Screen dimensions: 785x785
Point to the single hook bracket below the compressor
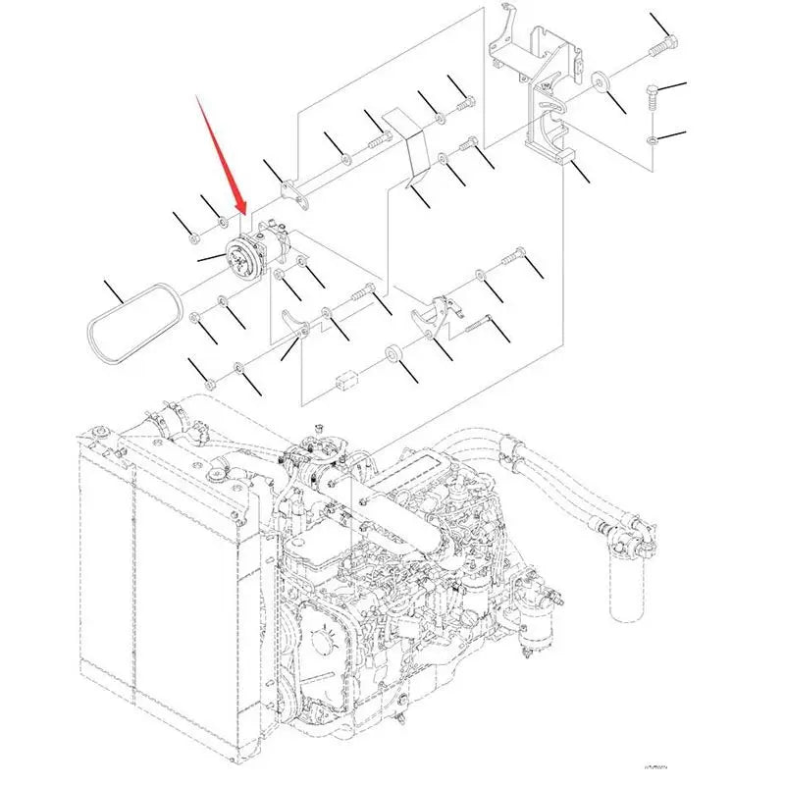click(291, 324)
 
